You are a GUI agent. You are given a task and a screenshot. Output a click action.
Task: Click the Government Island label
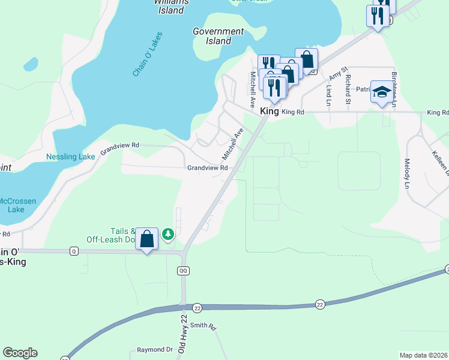(218, 36)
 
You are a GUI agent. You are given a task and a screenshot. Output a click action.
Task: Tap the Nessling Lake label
(70, 157)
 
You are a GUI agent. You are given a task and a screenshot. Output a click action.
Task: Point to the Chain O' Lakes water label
(148, 54)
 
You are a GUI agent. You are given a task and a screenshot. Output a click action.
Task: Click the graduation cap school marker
(382, 92)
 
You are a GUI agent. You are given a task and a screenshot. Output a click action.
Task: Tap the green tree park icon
(169, 233)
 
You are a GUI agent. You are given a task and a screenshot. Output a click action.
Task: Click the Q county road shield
(74, 250)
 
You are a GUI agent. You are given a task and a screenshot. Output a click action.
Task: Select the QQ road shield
(184, 271)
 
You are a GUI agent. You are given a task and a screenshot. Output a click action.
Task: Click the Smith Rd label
(203, 326)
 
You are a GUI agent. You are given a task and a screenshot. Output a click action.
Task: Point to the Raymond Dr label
(154, 349)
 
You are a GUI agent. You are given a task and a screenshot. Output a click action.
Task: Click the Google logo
(20, 353)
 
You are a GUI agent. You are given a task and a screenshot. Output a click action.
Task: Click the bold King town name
(270, 112)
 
